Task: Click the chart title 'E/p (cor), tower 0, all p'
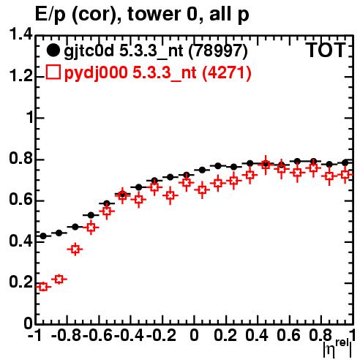pos(142,14)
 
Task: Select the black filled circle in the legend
pos(53,50)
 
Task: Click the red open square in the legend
pos(53,72)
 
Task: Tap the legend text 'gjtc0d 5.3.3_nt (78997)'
pos(156,51)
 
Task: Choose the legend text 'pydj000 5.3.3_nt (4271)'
pos(157,73)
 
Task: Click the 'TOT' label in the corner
pos(326,50)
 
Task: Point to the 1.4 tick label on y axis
pos(20,34)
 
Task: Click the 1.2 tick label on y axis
pos(20,76)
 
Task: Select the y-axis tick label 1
pos(30,117)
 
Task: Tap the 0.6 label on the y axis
pos(20,200)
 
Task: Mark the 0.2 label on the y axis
pos(20,282)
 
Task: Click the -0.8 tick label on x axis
pos(66,335)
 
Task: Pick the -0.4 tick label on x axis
pos(130,335)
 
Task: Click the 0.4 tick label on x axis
pos(257,335)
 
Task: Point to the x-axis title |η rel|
pos(337,348)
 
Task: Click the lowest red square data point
pos(43,287)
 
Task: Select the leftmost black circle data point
pos(43,236)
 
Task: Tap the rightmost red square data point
pos(345,175)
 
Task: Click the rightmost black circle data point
pos(345,162)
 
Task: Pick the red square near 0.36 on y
pos(75,250)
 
